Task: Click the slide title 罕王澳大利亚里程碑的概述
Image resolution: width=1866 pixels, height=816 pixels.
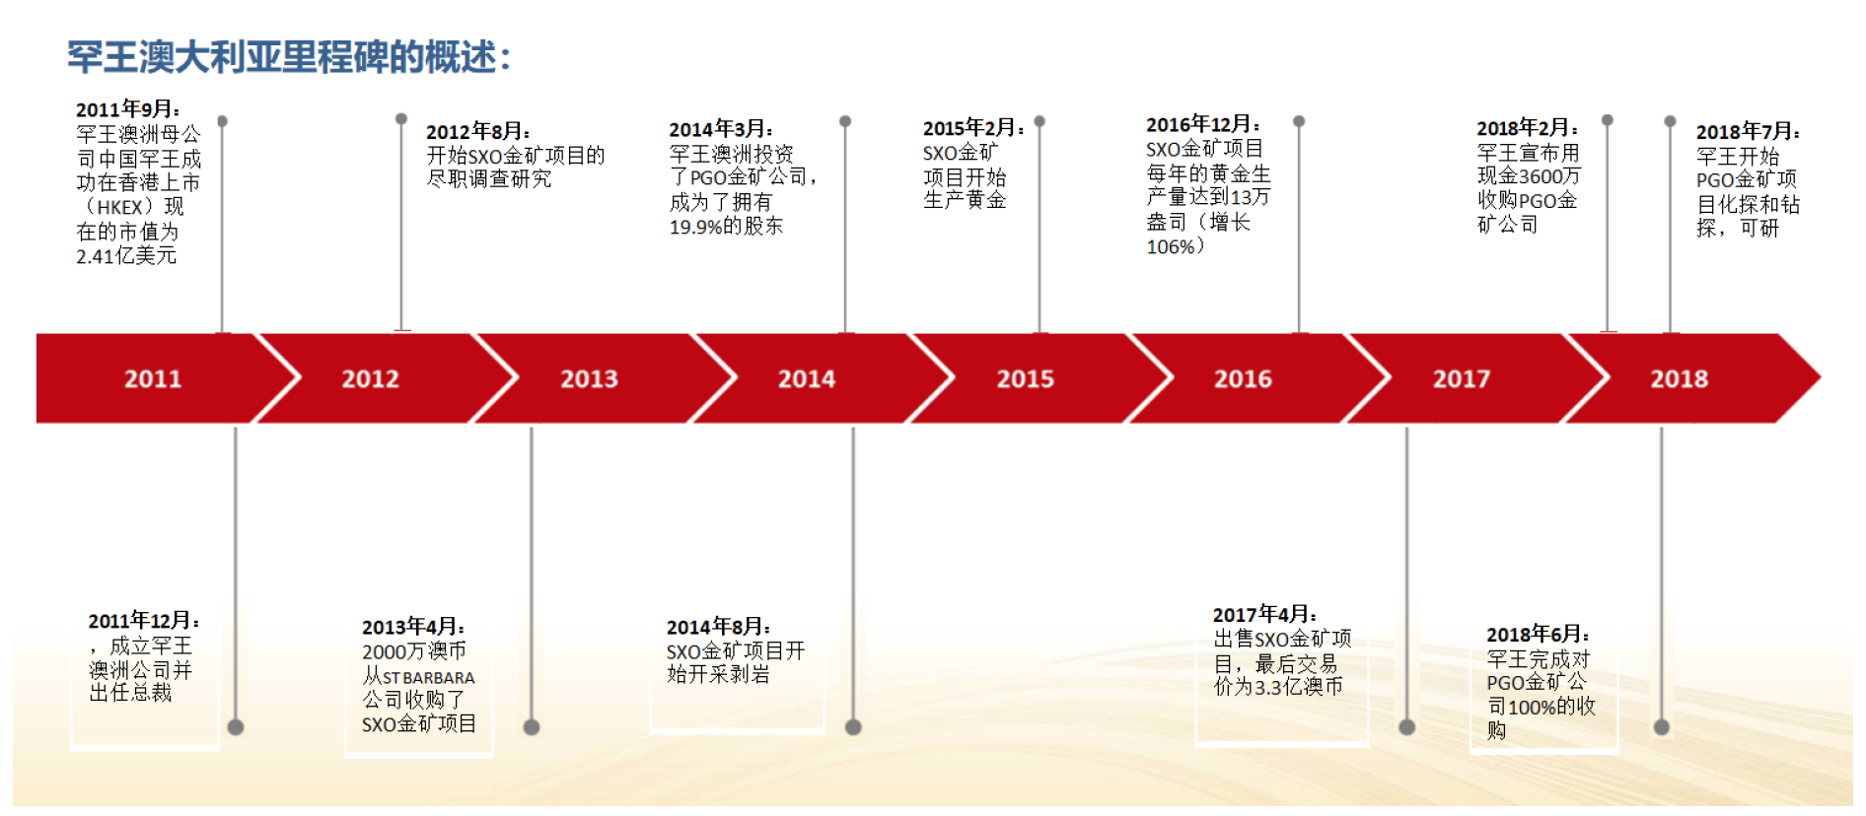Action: (x=289, y=57)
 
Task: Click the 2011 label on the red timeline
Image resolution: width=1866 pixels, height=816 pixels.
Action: (x=153, y=379)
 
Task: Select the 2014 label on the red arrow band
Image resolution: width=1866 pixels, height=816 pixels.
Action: (x=807, y=379)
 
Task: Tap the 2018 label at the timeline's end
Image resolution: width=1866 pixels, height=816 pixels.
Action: (x=1680, y=379)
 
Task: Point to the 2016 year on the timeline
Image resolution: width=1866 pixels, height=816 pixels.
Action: (x=1243, y=379)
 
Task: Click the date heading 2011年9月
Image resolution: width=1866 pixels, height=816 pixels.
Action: (x=128, y=109)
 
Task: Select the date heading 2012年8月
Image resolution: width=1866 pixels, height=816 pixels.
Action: (x=478, y=131)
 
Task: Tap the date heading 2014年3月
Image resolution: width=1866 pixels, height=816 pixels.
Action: (x=721, y=129)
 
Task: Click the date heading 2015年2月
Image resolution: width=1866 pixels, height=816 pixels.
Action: (x=973, y=128)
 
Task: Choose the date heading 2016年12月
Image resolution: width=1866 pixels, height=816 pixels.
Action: (x=1203, y=124)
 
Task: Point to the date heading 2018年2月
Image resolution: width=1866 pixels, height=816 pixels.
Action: (x=1528, y=128)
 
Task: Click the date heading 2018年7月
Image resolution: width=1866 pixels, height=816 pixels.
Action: (x=1748, y=132)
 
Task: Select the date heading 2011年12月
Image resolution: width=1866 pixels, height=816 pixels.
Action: (x=144, y=621)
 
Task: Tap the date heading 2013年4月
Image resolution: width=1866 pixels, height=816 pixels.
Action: (x=413, y=627)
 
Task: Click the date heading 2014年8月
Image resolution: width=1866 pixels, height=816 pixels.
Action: (x=719, y=627)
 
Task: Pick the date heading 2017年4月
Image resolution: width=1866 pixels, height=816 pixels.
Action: (x=1264, y=615)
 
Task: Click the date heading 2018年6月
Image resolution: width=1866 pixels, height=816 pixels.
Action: (x=1539, y=635)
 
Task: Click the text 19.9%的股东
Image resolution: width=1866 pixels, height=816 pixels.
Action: (x=726, y=227)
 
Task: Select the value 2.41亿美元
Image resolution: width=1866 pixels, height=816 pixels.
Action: (x=126, y=256)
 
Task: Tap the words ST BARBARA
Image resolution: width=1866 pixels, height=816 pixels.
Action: (x=428, y=678)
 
